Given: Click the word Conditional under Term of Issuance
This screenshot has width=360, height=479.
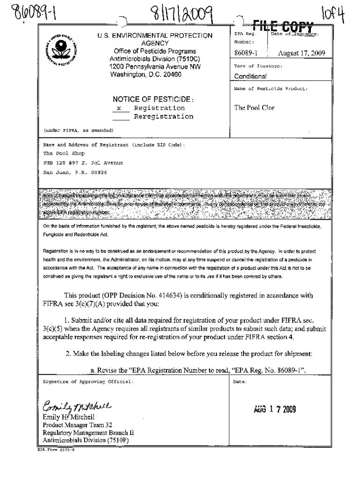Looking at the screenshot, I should click(250, 76).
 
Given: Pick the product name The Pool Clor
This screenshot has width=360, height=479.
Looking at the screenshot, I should click(254, 108).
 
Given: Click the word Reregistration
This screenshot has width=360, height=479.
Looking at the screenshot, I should click(163, 117).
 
